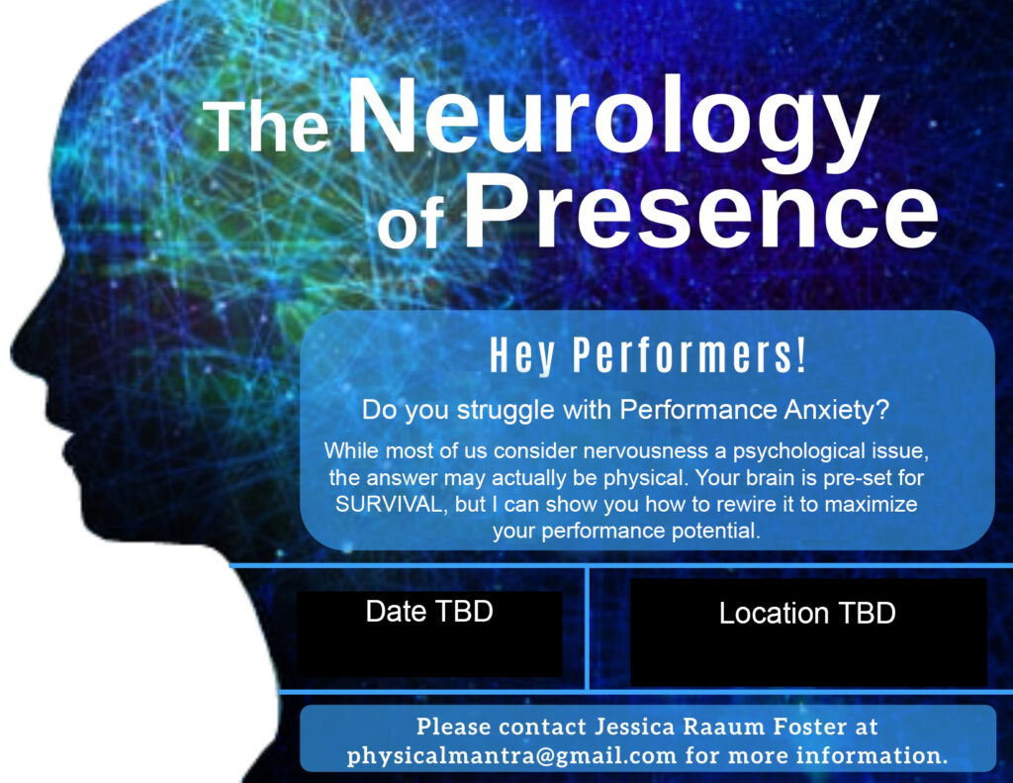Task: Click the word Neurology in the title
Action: click(613, 123)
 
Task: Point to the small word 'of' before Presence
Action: click(412, 224)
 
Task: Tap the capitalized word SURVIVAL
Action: click(390, 504)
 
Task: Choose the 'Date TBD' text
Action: click(429, 611)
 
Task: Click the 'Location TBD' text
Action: click(807, 613)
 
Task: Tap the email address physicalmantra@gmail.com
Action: click(512, 755)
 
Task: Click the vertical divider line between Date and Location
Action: click(588, 629)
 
